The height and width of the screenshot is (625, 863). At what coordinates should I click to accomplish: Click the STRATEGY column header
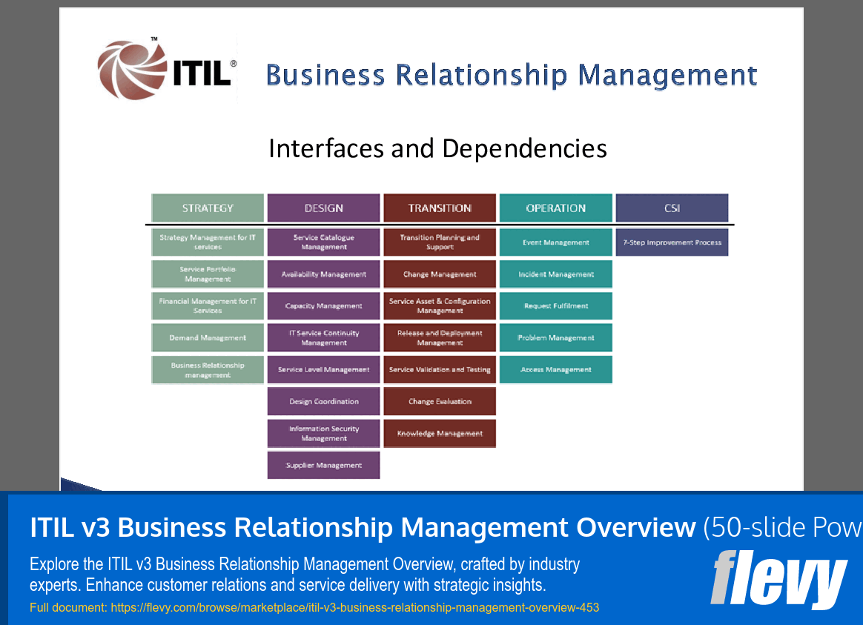point(208,208)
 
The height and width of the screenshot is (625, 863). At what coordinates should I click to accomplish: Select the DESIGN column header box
point(323,208)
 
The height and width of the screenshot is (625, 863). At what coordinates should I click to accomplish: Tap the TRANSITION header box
point(440,208)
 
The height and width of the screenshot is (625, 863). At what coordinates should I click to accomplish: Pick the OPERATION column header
point(555,208)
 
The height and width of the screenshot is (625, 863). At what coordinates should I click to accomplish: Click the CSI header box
point(672,208)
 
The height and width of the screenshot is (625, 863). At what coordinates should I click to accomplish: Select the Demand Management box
point(208,337)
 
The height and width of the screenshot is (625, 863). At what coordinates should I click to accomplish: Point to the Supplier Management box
point(323,466)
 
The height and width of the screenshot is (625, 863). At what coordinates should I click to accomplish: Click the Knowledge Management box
point(440,434)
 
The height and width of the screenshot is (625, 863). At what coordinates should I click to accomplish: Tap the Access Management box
point(555,369)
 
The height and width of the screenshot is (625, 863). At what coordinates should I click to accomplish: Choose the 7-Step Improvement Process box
point(672,242)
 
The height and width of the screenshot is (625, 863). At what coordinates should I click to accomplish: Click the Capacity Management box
point(323,305)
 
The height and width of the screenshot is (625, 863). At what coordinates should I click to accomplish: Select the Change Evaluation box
point(440,401)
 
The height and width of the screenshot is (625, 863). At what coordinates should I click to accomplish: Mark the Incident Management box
point(555,274)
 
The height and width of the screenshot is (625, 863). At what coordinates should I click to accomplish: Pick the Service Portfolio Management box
point(208,274)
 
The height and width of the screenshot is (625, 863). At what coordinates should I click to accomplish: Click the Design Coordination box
point(323,401)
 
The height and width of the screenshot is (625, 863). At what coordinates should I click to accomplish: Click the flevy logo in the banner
point(778,579)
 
